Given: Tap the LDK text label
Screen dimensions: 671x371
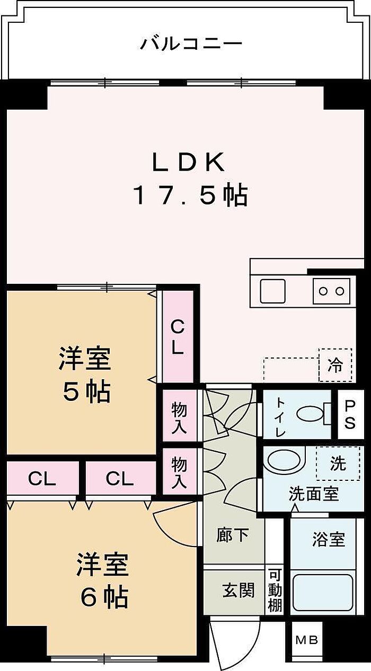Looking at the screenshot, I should click(x=188, y=163).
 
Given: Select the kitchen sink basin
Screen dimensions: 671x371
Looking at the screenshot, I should click(x=272, y=291).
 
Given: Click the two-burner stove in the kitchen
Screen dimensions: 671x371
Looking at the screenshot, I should click(x=332, y=291).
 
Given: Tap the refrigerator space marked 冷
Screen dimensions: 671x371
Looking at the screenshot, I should click(x=335, y=365).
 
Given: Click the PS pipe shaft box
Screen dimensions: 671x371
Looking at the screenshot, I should click(x=350, y=415).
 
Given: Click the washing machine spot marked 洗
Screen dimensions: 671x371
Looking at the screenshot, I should click(x=337, y=464).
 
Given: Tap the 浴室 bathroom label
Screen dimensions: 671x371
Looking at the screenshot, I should click(x=329, y=540).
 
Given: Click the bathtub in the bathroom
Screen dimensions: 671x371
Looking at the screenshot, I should click(x=323, y=592).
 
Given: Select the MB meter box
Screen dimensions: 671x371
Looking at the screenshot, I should click(x=306, y=640).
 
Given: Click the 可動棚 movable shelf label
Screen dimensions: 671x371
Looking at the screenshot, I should click(x=275, y=590).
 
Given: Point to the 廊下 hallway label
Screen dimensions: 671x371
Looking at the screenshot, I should click(x=233, y=535).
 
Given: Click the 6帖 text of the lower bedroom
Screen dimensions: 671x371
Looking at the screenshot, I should click(x=104, y=597).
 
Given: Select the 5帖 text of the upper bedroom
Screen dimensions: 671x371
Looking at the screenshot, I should click(x=86, y=392).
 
